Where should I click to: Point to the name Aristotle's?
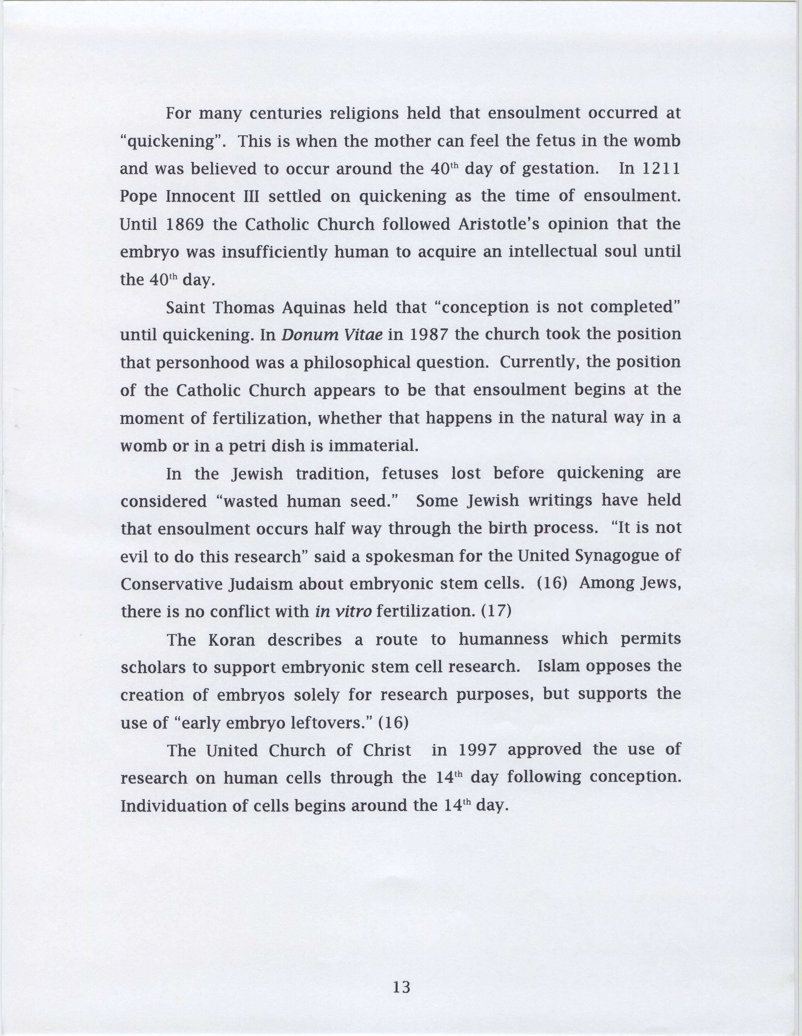[x=499, y=224]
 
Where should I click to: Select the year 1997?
[x=477, y=750]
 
